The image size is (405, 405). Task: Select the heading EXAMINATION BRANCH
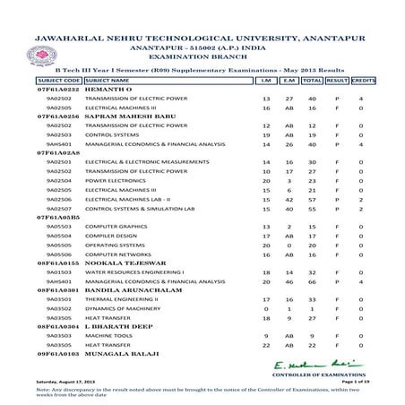(202, 56)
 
